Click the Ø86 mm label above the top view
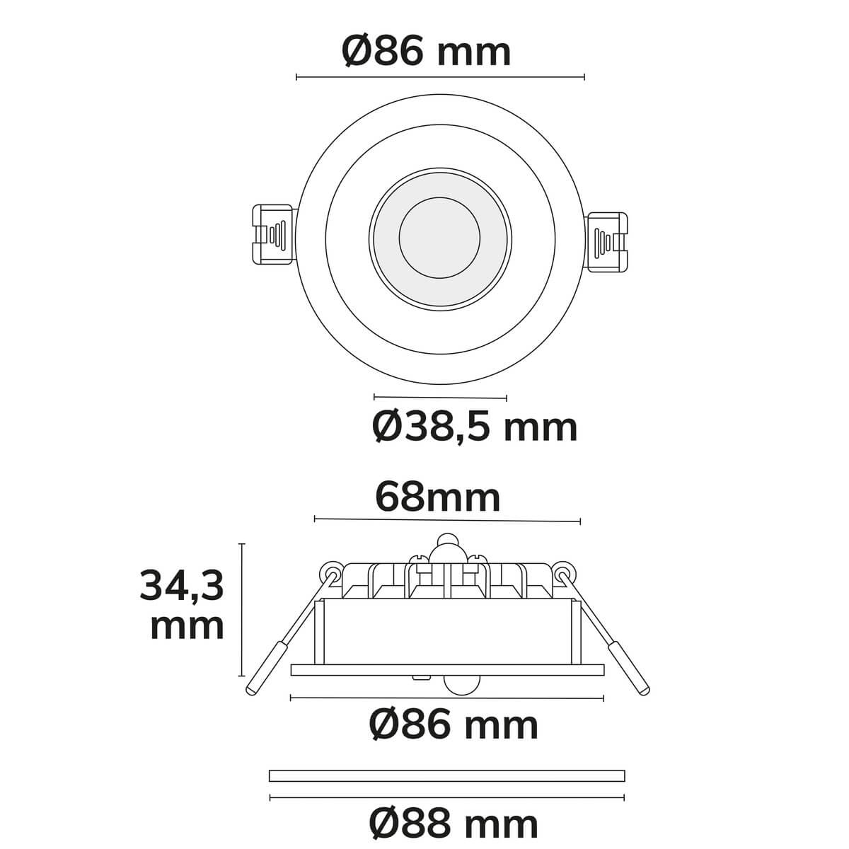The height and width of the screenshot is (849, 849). [426, 52]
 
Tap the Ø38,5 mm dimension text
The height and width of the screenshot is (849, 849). [475, 427]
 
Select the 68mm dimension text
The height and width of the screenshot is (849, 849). [438, 498]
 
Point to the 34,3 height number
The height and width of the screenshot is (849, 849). [182, 587]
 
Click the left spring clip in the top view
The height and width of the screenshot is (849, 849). [273, 234]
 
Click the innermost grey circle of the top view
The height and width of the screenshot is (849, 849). [439, 238]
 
